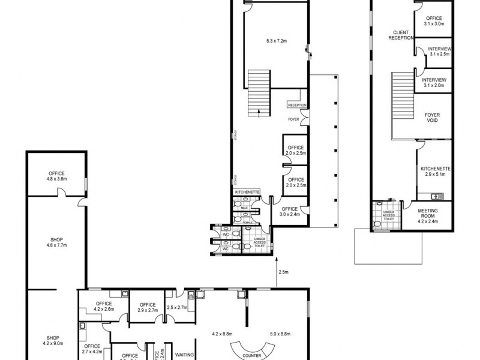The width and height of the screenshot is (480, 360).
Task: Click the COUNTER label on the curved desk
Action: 253,355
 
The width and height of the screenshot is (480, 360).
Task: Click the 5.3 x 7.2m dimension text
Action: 277,41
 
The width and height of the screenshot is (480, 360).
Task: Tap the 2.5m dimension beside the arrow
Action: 283,272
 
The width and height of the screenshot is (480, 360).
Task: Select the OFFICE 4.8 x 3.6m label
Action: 56,176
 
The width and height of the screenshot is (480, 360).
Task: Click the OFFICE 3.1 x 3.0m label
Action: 433,21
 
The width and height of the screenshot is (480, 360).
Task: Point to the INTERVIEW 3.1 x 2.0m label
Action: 434,83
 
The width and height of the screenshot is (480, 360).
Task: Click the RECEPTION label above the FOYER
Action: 297,105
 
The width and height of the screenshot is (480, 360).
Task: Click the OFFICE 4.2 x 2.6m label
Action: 103,307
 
